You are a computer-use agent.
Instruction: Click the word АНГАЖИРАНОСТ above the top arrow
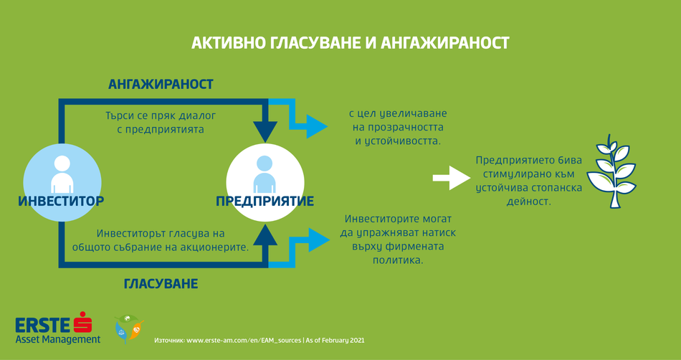[x=161, y=84]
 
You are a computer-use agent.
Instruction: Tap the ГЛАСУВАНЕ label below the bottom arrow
[x=161, y=284]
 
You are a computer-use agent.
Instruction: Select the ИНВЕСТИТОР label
[x=61, y=201]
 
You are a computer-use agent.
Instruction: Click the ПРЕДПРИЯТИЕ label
[x=265, y=202]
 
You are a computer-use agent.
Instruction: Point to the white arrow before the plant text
[x=452, y=178]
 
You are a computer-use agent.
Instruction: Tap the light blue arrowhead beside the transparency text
[x=317, y=126]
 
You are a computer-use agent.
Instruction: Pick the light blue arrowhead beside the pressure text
[x=318, y=240]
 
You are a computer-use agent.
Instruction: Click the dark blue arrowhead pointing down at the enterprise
[x=265, y=131]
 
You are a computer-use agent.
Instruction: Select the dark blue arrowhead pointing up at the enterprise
[x=265, y=237]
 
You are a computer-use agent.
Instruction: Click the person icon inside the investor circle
[x=62, y=174]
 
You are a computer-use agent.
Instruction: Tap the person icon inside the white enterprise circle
[x=265, y=174]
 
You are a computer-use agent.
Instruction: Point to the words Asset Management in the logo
[x=58, y=339]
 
